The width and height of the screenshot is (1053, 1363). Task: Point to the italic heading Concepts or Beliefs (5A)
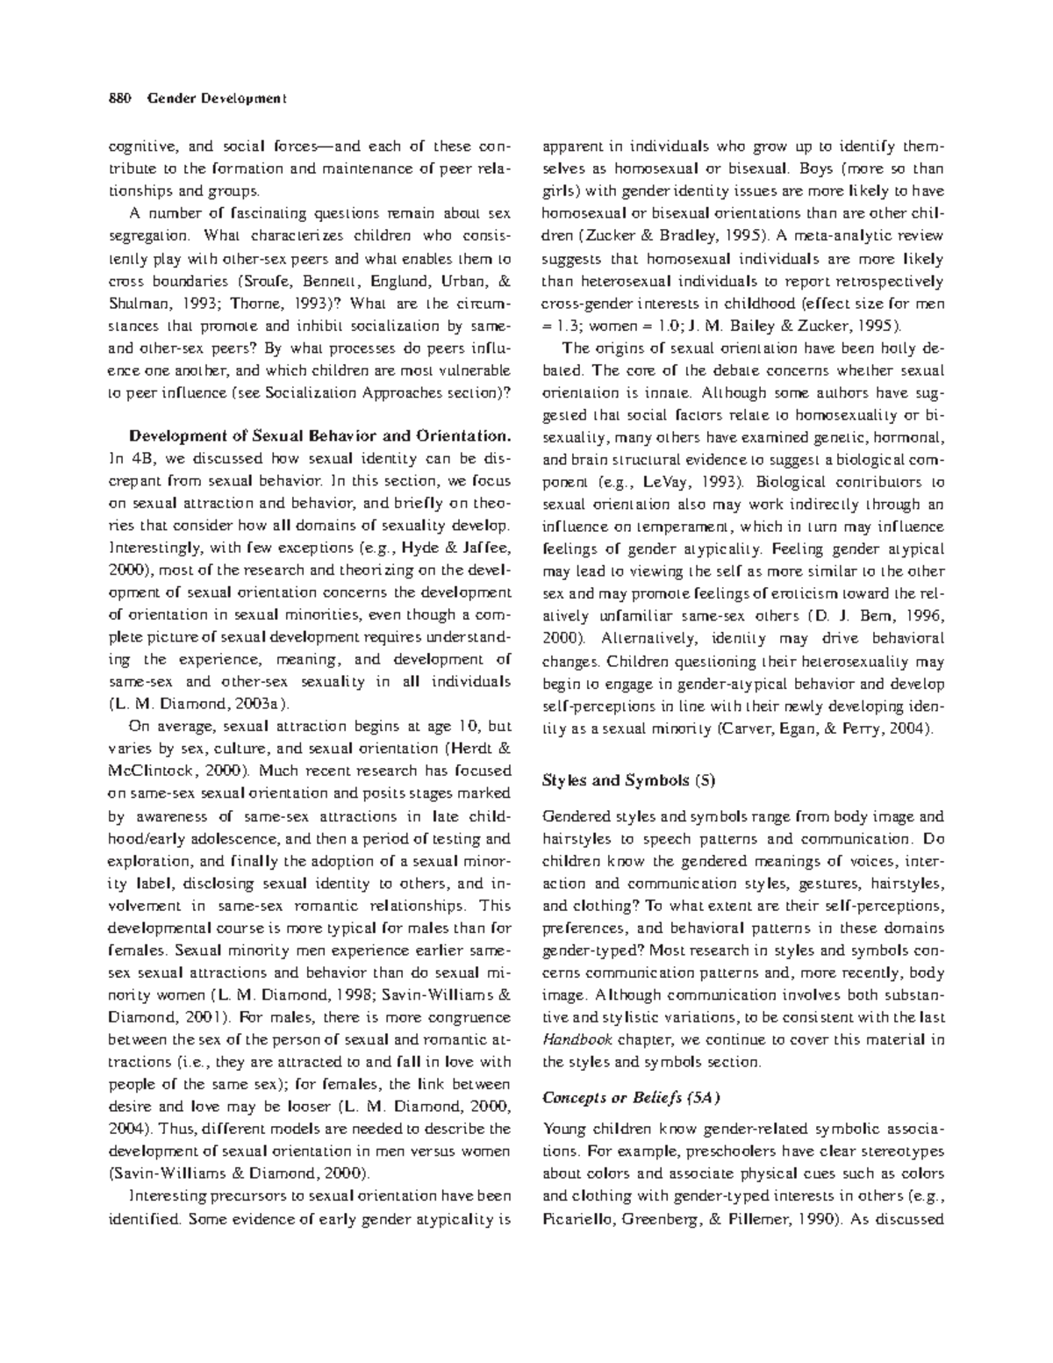tap(631, 1097)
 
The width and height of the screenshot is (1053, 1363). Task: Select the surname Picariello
tap(580, 1218)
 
